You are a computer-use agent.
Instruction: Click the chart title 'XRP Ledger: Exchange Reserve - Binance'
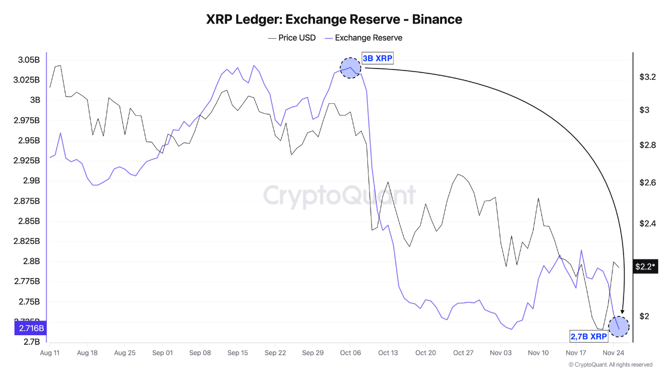(x=334, y=19)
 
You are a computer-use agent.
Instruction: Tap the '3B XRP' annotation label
(x=377, y=58)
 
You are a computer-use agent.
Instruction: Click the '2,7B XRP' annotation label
(x=589, y=336)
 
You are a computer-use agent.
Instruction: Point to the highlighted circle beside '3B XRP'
(x=350, y=68)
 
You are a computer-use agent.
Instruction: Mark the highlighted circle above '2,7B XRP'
(x=619, y=326)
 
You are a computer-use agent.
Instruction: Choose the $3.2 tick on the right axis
(x=648, y=77)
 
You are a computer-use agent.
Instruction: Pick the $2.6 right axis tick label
(x=648, y=183)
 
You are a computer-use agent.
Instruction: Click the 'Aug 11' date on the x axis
(x=50, y=353)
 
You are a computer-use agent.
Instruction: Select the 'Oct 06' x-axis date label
(x=350, y=353)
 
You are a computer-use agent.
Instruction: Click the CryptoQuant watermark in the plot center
(x=340, y=195)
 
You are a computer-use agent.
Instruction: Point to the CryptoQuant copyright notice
(x=610, y=365)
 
